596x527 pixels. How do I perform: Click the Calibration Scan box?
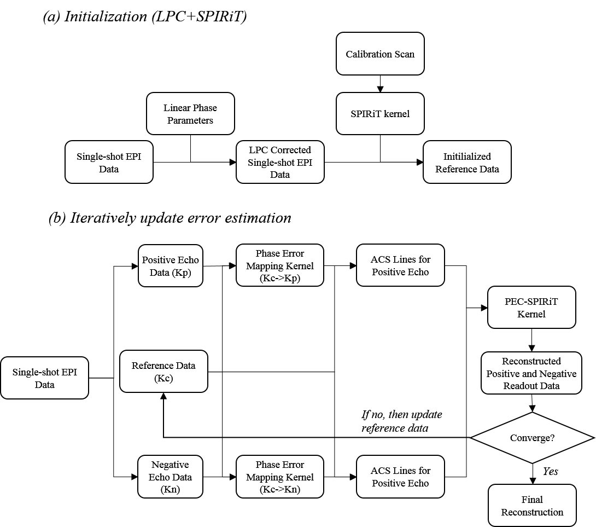click(x=380, y=54)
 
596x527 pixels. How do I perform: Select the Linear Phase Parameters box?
click(x=190, y=113)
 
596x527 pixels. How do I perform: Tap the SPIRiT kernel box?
click(x=380, y=114)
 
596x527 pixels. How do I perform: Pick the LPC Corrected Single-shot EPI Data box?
click(x=280, y=162)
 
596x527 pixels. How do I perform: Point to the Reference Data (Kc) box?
click(x=163, y=372)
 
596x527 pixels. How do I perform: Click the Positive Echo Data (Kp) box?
click(x=171, y=266)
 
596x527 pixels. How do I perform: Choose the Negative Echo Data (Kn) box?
click(x=170, y=477)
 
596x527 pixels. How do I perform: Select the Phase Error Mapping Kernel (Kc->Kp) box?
click(x=280, y=265)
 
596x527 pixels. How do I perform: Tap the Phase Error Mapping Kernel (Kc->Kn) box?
click(x=280, y=477)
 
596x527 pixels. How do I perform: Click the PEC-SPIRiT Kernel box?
click(x=531, y=308)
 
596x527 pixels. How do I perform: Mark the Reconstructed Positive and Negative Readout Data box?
click(x=531, y=373)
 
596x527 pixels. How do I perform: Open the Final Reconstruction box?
click(x=532, y=506)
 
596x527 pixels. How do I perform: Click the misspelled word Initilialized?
click(x=467, y=157)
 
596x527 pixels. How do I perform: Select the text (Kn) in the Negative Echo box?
click(x=170, y=489)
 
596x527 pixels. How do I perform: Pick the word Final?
click(x=532, y=500)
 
